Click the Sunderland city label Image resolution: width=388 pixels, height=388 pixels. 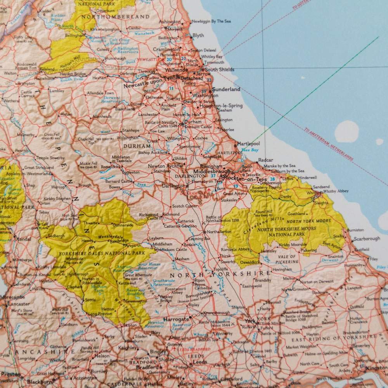(x=227, y=89)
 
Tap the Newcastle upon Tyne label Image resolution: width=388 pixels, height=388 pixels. (x=144, y=85)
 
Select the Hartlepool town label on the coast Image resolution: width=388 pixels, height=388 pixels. (x=248, y=144)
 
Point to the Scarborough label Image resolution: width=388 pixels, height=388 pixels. (x=367, y=239)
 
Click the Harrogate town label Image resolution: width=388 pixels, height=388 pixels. (x=176, y=319)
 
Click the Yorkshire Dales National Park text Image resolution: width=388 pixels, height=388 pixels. (x=102, y=253)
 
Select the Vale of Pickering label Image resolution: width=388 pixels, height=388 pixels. (x=287, y=259)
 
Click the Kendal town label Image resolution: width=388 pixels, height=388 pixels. (x=24, y=239)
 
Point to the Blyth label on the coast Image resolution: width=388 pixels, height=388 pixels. (x=198, y=35)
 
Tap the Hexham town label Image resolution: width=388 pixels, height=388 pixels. (x=99, y=78)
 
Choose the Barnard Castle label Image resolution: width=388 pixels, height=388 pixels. (x=118, y=181)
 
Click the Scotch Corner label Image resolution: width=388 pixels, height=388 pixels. (x=184, y=206)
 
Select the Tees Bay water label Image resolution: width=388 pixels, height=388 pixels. (x=249, y=150)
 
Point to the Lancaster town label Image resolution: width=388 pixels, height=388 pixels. (x=18, y=304)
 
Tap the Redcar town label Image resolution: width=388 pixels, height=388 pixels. (x=265, y=160)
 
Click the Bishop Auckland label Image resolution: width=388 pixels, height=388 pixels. (x=152, y=152)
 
